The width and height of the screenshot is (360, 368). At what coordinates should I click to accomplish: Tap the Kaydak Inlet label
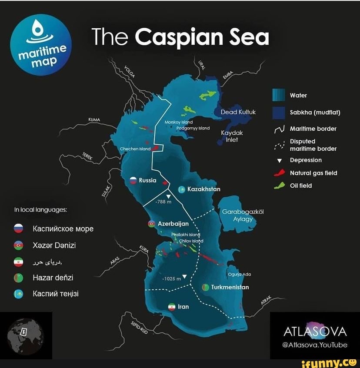coord(232,136)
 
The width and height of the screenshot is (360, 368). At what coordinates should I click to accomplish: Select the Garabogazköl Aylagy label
coord(243,215)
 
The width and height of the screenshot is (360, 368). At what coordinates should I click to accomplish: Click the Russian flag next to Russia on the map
coord(133,180)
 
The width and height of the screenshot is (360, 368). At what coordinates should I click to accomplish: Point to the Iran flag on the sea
coord(172,307)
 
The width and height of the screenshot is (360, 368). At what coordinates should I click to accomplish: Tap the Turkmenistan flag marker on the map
coord(206,287)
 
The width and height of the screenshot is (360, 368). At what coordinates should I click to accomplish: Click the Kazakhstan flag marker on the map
coord(182,189)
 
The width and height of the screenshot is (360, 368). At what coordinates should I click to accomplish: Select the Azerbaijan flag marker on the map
coord(151,224)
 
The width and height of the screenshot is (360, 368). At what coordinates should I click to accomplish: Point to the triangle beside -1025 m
coord(184,277)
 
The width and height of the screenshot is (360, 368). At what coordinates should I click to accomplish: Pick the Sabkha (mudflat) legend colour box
coord(278,113)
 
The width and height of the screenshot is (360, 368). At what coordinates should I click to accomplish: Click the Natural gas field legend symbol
coord(279,173)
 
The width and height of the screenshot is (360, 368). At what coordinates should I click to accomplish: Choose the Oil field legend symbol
coord(279,186)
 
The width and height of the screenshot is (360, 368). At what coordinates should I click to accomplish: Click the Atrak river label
coord(267,301)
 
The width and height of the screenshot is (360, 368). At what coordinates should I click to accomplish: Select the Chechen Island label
coord(135,149)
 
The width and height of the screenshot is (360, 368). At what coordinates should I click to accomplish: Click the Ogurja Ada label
coord(239,274)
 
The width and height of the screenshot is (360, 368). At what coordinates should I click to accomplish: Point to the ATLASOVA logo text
coord(315,332)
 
